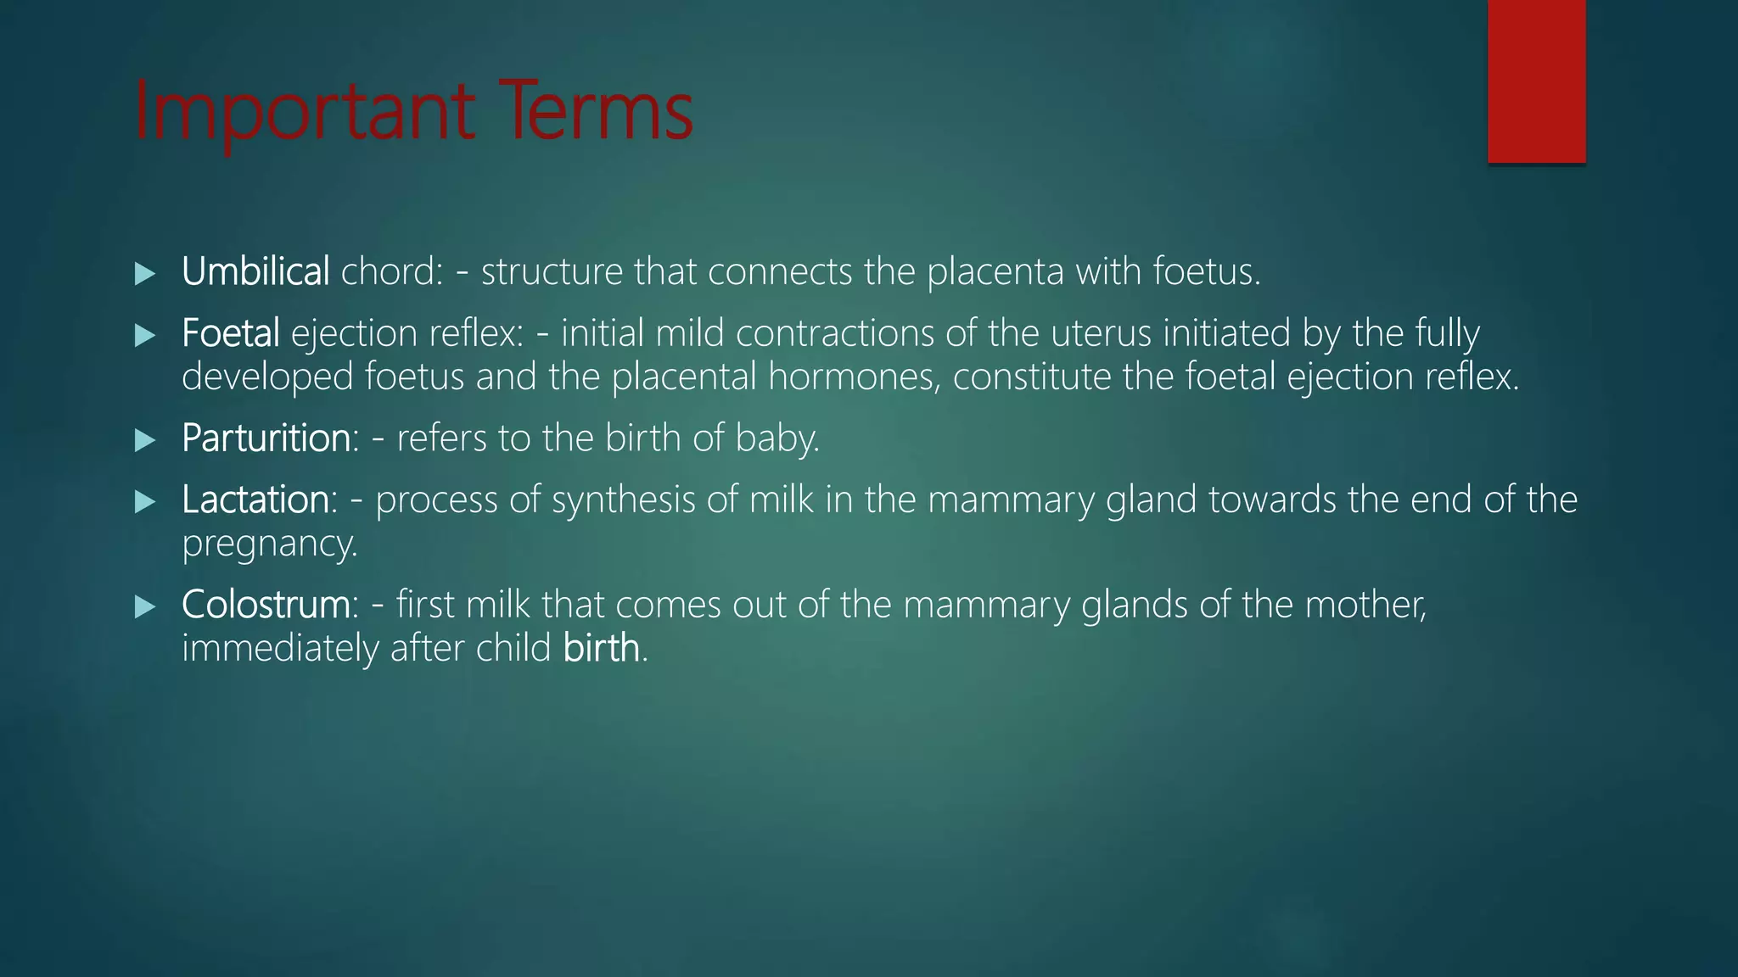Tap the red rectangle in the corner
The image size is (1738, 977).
[x=1536, y=81]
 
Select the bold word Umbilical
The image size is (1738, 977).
[x=255, y=272]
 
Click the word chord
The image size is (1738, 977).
[x=391, y=272]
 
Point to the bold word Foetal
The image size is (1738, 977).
[x=230, y=333]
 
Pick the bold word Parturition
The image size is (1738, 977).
[x=266, y=438]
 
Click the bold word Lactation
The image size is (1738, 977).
[x=255, y=500]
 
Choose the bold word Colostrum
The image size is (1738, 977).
[x=266, y=605]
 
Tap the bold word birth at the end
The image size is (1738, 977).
[x=601, y=648]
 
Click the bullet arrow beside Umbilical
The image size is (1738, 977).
[x=145, y=273]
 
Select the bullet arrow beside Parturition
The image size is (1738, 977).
[x=145, y=439]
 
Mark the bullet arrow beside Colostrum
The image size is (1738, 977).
[x=145, y=606]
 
